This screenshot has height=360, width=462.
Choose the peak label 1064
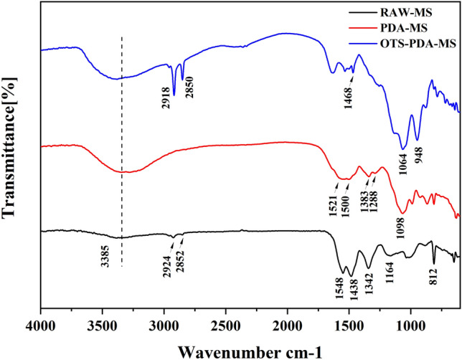point(404,159)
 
